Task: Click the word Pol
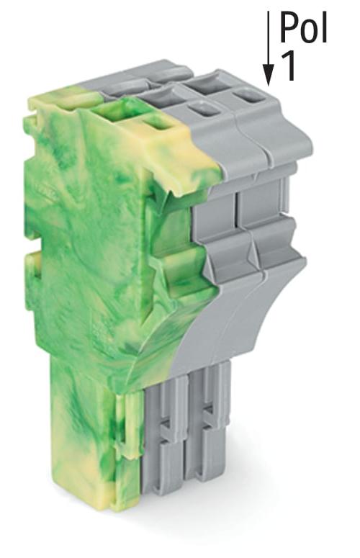pos(303,27)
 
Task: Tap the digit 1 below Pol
pos(289,66)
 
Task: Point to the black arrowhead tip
pos(269,86)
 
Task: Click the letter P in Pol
pos(289,27)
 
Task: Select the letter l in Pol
pos(324,27)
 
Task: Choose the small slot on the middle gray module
pos(204,108)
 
